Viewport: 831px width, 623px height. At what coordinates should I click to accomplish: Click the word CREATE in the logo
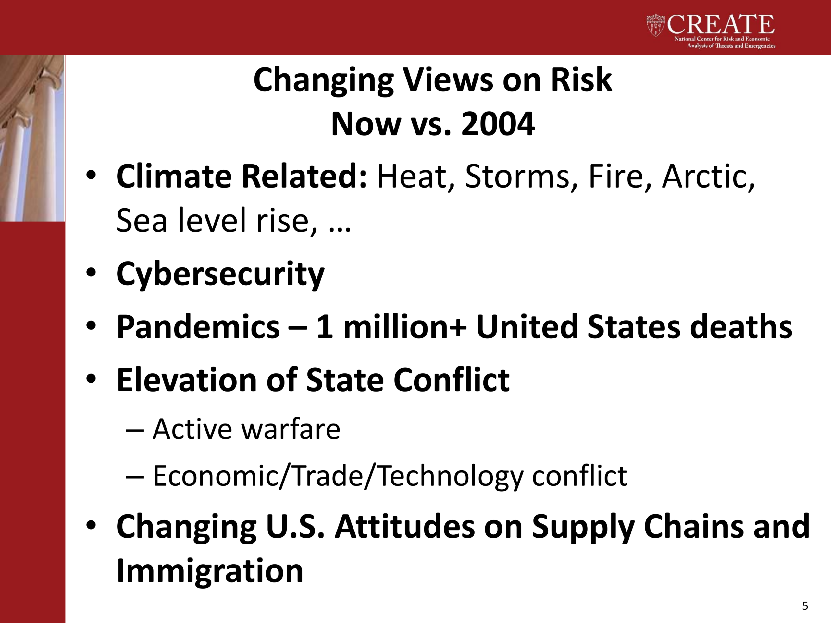pyautogui.click(x=721, y=25)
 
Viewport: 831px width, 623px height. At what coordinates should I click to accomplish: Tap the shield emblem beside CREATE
pyautogui.click(x=656, y=25)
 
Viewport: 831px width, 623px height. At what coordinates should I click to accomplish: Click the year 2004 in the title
pyautogui.click(x=498, y=124)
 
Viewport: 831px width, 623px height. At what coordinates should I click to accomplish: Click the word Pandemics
pyautogui.click(x=198, y=326)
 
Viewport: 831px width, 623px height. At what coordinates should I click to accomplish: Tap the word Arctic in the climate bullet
pyautogui.click(x=708, y=177)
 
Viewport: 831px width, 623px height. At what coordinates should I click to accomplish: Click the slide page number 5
pyautogui.click(x=805, y=606)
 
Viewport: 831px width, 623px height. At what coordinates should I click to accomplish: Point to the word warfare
pyautogui.click(x=291, y=429)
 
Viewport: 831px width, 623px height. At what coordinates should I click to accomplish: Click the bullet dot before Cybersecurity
pyautogui.click(x=91, y=272)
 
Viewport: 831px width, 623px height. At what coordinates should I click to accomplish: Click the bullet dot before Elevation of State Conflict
pyautogui.click(x=91, y=379)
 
